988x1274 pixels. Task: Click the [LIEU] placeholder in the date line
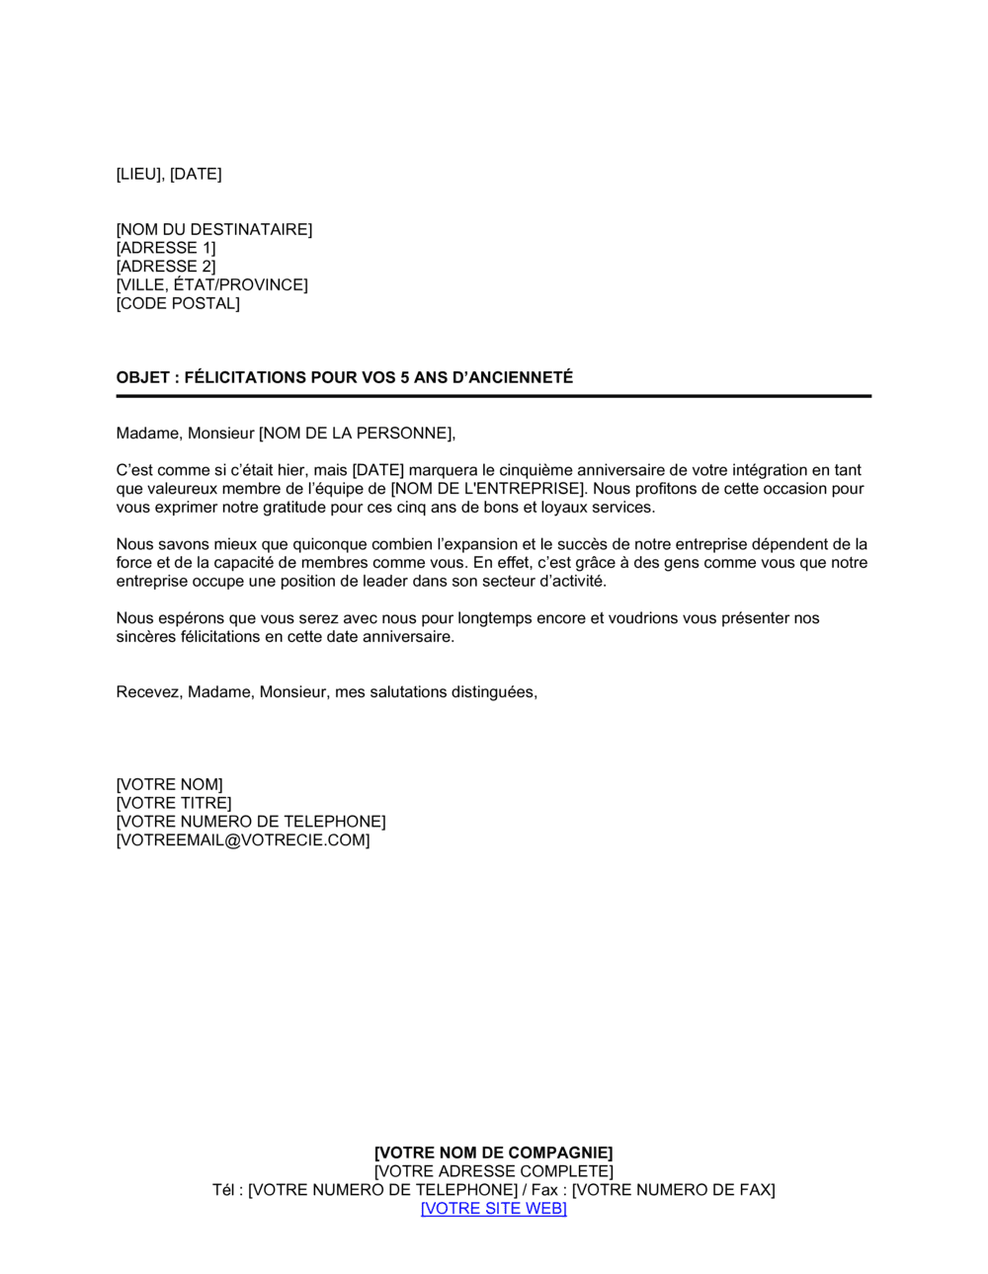tap(138, 175)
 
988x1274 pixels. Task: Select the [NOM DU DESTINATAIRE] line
tap(213, 230)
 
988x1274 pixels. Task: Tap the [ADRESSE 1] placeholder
tap(165, 249)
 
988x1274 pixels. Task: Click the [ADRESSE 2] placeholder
tap(165, 267)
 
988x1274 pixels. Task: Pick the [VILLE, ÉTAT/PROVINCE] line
tap(211, 285)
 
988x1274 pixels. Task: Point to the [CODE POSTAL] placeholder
tap(178, 304)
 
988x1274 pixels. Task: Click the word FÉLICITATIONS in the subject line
tap(245, 378)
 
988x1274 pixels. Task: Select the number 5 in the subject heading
tap(405, 378)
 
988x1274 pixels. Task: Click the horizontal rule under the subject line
tap(493, 396)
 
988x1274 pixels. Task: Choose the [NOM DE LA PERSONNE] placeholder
tap(356, 434)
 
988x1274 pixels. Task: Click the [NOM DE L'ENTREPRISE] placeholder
tap(487, 489)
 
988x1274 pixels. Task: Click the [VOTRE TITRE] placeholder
tap(174, 804)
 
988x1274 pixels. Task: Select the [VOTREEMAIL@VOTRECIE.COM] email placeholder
tap(243, 841)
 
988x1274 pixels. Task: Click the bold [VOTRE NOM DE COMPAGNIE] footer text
tap(493, 1154)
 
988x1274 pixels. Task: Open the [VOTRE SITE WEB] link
tap(493, 1209)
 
